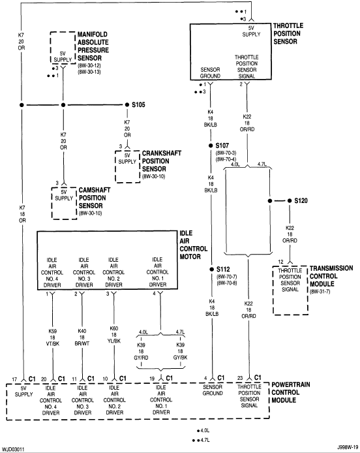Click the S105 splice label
(138, 104)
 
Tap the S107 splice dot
(211, 146)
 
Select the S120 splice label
(301, 200)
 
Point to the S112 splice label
(223, 270)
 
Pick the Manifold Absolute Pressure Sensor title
(93, 46)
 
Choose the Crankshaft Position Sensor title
(162, 161)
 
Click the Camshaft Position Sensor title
(95, 198)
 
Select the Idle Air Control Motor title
(194, 245)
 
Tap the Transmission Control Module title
(331, 276)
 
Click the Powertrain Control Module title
(291, 392)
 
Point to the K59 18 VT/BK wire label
(53, 337)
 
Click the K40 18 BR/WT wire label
(82, 337)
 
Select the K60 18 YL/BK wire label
(114, 335)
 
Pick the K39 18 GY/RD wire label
(141, 351)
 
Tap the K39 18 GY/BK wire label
(180, 351)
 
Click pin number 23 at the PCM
(240, 378)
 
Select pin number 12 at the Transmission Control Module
(280, 262)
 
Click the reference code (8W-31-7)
(320, 292)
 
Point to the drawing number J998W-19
(348, 446)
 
